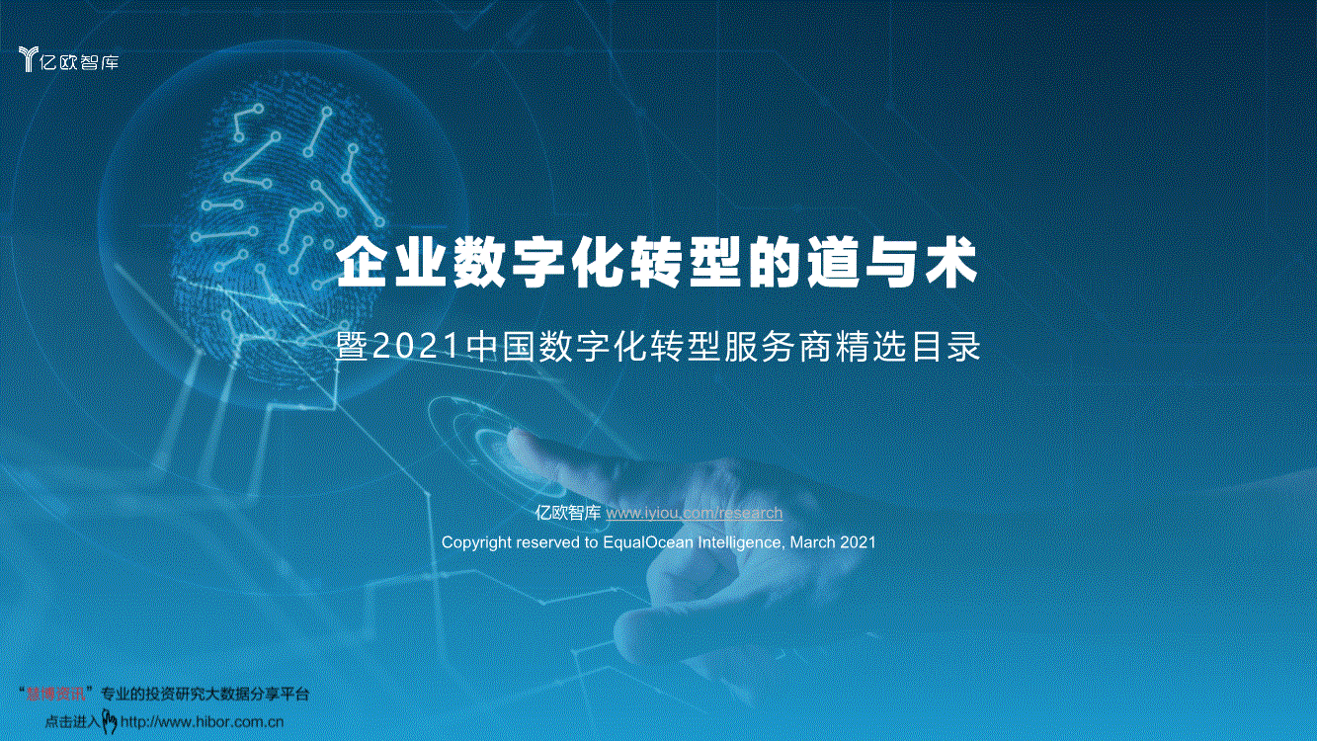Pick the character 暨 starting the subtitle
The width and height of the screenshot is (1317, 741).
[352, 348]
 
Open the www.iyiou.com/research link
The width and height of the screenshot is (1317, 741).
[694, 513]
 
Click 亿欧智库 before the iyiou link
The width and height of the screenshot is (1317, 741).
[567, 513]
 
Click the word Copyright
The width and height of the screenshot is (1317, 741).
[476, 542]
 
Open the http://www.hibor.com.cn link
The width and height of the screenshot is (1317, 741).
[202, 722]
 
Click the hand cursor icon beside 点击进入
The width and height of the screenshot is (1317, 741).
[110, 722]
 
